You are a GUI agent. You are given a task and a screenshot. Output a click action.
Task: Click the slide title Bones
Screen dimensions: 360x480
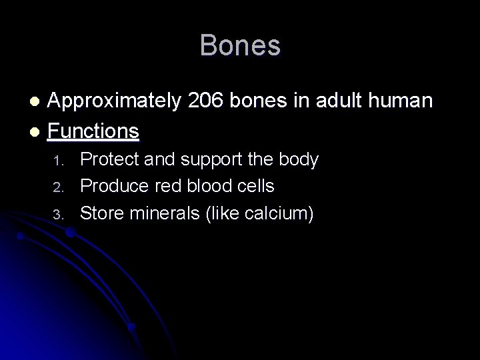(240, 46)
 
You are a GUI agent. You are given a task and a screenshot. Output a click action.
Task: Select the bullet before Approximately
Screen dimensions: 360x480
(37, 102)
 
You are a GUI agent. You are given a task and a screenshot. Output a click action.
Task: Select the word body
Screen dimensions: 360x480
(297, 160)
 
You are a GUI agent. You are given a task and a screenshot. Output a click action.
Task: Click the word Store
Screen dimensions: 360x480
(99, 213)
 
